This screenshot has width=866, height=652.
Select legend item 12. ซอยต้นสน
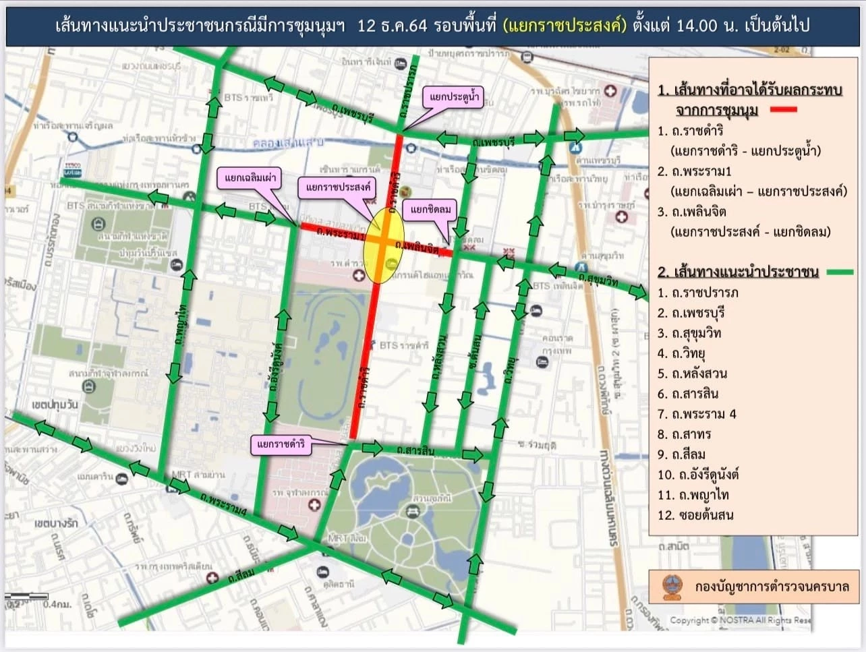pos(695,515)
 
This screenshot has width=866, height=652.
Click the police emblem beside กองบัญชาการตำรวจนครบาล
pos(672,587)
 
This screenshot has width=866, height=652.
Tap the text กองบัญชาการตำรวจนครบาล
pos(772,587)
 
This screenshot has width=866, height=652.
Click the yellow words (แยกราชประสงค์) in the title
pos(565,26)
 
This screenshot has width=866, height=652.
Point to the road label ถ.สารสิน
pos(415,450)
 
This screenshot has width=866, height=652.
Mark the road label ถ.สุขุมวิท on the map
pos(596,278)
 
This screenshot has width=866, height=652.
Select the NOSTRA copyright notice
pos(740,620)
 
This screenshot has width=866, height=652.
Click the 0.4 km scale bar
pos(27,597)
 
